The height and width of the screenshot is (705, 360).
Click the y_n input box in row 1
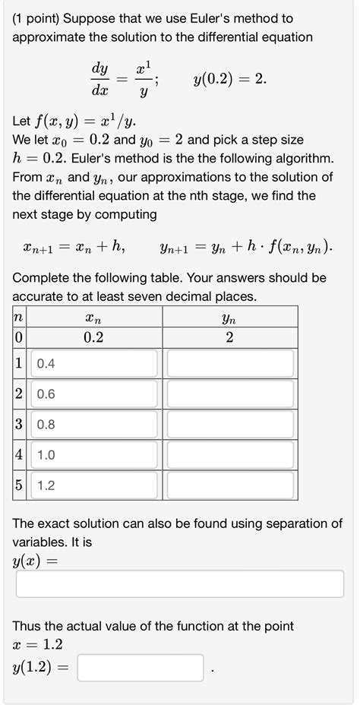click(x=230, y=364)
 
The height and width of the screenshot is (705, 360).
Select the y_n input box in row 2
click(x=230, y=394)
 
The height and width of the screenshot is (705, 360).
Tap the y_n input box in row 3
click(x=230, y=425)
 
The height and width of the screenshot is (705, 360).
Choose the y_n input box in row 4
click(x=230, y=455)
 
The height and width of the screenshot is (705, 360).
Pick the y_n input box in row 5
click(x=230, y=485)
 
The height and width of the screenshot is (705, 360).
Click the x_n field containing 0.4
click(x=94, y=364)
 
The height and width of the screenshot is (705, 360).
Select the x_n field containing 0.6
click(x=94, y=394)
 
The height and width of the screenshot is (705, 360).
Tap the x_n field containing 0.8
click(x=94, y=425)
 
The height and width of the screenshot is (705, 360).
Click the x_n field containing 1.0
click(x=94, y=455)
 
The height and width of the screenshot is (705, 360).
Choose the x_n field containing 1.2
click(x=94, y=485)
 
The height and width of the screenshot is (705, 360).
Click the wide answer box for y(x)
click(x=179, y=583)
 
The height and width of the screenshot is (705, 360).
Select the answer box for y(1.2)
click(x=140, y=669)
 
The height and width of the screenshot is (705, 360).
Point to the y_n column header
click(x=230, y=318)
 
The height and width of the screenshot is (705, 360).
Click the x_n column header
click(x=93, y=318)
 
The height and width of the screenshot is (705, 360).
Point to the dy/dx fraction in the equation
click(x=99, y=79)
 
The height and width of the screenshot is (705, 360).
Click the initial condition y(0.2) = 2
click(x=229, y=79)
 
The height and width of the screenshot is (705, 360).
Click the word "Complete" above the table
click(x=43, y=278)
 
